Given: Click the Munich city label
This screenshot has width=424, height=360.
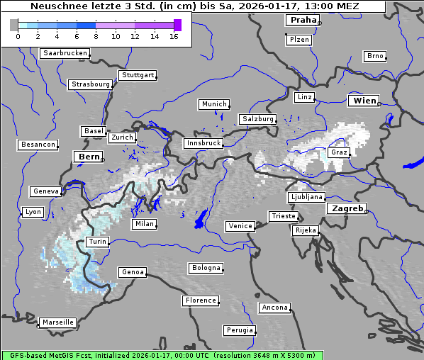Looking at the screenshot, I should [213, 104].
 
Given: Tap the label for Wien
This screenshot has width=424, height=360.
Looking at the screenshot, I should [364, 101].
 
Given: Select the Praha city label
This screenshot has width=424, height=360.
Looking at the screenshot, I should [302, 20].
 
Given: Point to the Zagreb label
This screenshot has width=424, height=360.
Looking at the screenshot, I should [346, 209].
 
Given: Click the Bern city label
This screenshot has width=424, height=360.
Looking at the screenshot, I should [89, 156].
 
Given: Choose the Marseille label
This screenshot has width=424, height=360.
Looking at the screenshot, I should [57, 322].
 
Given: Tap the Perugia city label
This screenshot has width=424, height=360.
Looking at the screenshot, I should [240, 330].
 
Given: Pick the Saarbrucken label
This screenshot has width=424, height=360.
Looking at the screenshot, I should [65, 53].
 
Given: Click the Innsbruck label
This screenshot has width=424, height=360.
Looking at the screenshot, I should [203, 143].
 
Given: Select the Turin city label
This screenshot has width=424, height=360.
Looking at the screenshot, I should [97, 242].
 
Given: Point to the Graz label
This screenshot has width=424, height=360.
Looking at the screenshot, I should [338, 152].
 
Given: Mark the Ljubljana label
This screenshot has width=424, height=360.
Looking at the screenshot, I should [306, 197].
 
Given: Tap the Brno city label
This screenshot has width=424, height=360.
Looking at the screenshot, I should [374, 56].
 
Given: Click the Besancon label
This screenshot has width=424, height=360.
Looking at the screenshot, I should [38, 145].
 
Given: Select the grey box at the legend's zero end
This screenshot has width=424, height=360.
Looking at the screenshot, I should [13, 26].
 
